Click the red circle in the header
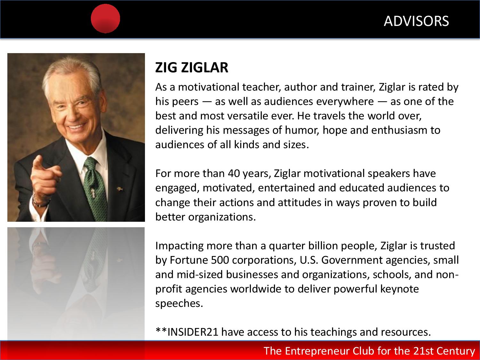click(105, 19)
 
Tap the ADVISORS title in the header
click(416, 21)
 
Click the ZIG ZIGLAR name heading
click(192, 67)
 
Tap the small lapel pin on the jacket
click(119, 189)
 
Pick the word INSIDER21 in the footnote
click(193, 332)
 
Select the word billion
click(322, 246)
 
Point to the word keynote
click(399, 289)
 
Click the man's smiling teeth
click(76, 127)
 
